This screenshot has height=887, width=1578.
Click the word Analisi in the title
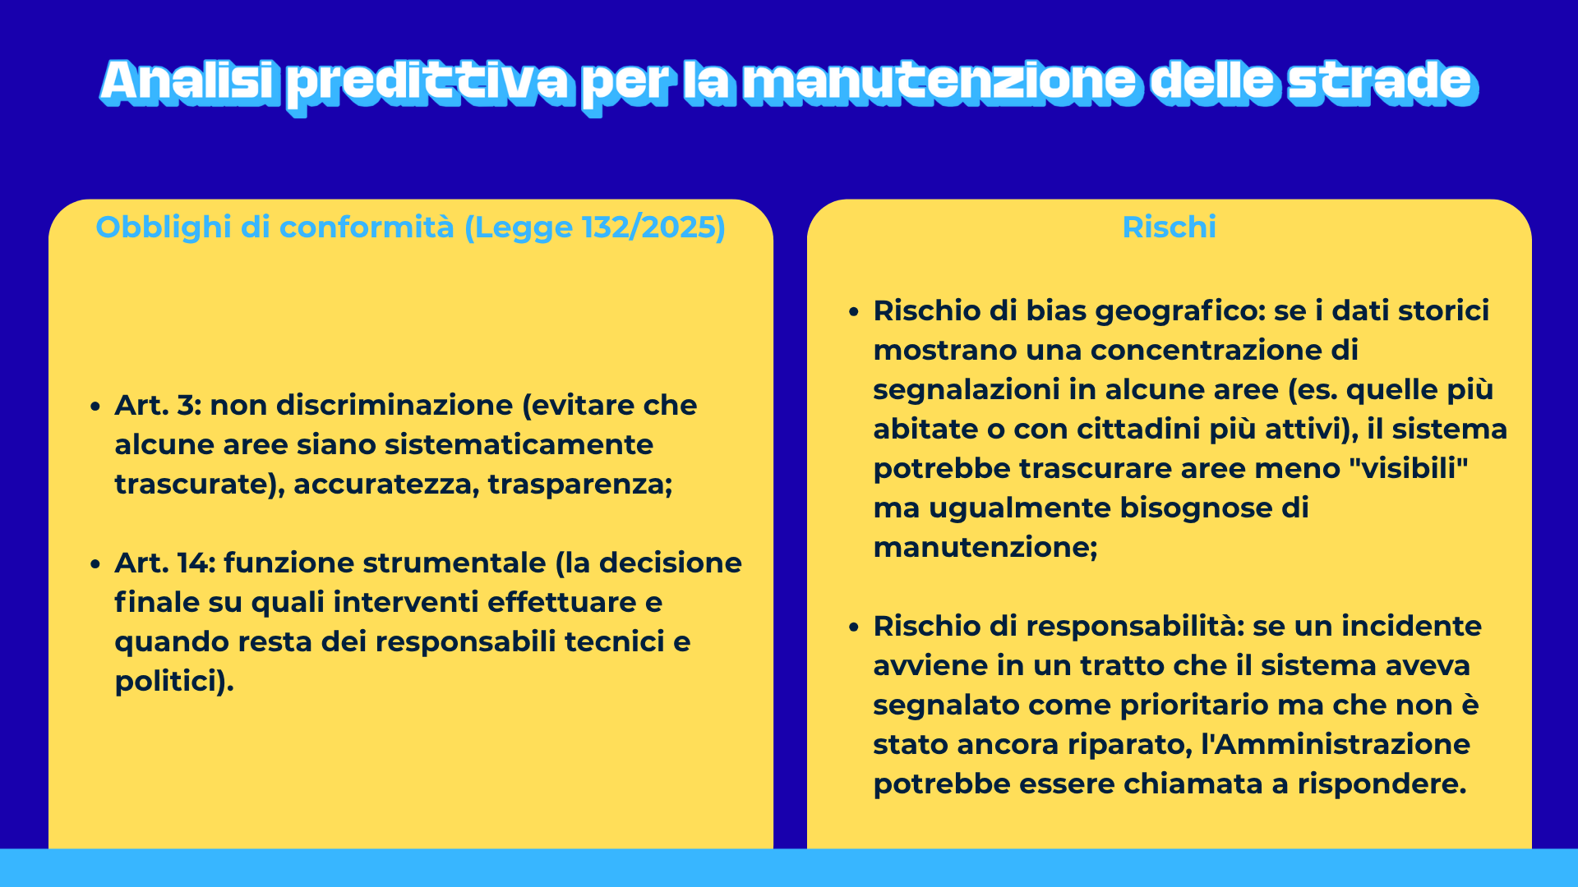pos(187,82)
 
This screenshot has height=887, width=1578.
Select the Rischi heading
pos(1169,227)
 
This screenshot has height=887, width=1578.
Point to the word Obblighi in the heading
pos(164,227)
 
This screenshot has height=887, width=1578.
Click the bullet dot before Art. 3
pos(96,407)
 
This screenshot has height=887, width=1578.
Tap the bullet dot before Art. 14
pos(96,564)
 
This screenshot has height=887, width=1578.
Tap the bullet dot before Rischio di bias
pos(855,312)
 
